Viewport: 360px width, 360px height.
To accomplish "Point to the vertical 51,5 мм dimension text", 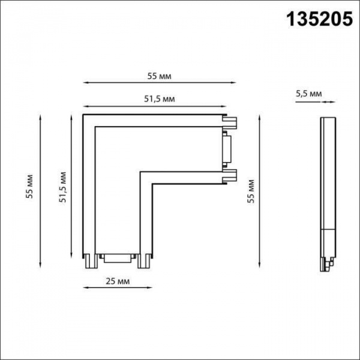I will coord(62,187).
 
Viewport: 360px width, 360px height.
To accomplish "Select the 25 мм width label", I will coord(116,281).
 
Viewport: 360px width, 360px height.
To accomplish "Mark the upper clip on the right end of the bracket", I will coord(230,124).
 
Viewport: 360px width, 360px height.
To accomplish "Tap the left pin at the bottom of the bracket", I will coord(88,260).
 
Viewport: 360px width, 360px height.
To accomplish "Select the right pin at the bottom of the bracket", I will coord(144,260).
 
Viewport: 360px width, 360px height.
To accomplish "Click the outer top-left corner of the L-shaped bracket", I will coord(82,114).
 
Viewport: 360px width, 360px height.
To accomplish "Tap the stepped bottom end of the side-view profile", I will coord(327,262).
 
